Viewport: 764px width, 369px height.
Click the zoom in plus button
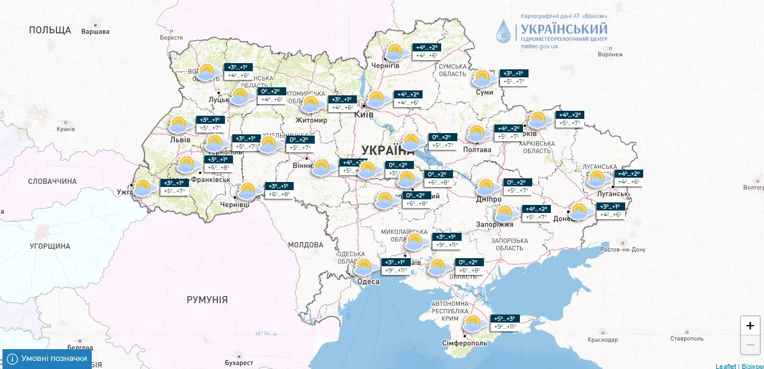click(750, 326)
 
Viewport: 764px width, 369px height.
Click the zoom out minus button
click(750, 344)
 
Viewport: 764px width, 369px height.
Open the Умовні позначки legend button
click(47, 358)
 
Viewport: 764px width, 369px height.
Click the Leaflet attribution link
click(726, 366)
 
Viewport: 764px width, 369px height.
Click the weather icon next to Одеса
click(364, 267)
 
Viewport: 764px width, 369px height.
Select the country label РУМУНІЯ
click(207, 300)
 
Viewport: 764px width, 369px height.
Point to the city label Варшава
click(95, 32)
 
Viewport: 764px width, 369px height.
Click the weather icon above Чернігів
click(395, 51)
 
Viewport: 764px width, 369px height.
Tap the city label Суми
click(485, 92)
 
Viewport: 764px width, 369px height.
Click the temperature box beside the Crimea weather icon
click(504, 323)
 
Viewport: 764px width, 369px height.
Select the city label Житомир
click(312, 119)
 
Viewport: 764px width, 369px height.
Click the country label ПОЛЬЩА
click(50, 30)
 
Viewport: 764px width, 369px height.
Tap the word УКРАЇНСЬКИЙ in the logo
click(564, 28)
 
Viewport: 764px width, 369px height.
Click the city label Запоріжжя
click(494, 224)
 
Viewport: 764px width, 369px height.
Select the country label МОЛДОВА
click(305, 245)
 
